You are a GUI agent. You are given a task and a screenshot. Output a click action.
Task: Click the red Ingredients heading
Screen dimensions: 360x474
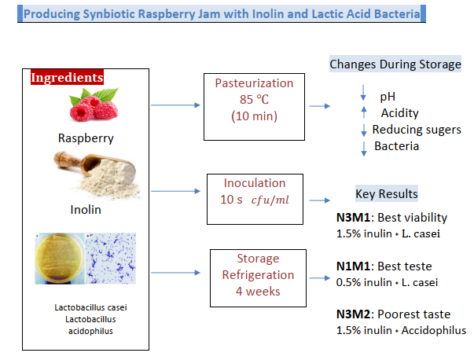66,78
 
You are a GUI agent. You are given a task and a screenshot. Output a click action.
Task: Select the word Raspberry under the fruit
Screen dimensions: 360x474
86,138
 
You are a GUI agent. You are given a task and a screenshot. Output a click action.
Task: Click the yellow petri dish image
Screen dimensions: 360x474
59,260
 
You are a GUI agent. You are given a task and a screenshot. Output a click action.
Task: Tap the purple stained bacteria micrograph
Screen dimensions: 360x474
110,260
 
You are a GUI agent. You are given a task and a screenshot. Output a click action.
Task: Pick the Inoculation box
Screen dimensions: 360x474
254,191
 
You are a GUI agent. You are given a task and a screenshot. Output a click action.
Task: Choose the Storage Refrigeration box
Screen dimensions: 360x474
254,275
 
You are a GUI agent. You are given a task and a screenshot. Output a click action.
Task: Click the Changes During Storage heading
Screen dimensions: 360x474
395,64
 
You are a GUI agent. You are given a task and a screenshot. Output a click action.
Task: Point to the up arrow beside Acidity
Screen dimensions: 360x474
363,112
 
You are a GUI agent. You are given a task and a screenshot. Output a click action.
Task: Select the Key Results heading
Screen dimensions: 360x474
387,194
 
